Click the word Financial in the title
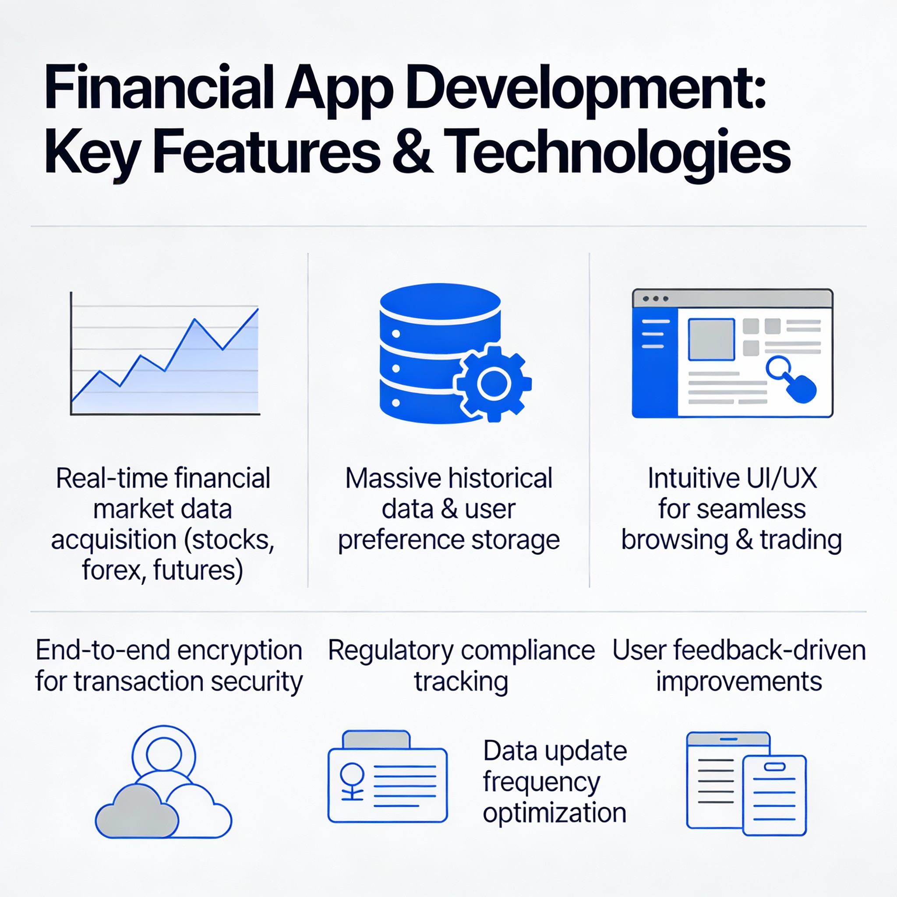pyautogui.click(x=159, y=88)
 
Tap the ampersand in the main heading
pyautogui.click(x=413, y=152)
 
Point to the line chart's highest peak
pyautogui.click(x=258, y=309)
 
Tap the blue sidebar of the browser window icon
pyautogui.click(x=655, y=362)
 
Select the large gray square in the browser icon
pyautogui.click(x=711, y=339)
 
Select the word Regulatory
pyautogui.click(x=390, y=651)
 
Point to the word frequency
pyautogui.click(x=541, y=783)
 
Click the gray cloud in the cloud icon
pyautogui.click(x=137, y=812)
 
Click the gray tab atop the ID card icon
pyautogui.click(x=376, y=740)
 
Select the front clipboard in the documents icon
pyautogui.click(x=774, y=795)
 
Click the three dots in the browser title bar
pyautogui.click(x=656, y=299)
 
